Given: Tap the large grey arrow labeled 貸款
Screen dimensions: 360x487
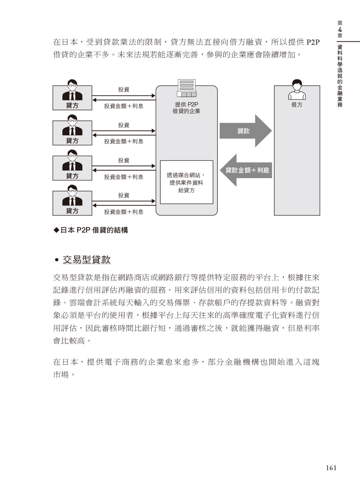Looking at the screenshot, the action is (246, 131).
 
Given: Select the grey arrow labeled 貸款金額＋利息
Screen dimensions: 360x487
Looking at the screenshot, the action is (246, 170).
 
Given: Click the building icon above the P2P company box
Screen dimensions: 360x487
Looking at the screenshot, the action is (186, 88).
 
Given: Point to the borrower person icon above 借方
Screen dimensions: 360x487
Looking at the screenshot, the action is (297, 89).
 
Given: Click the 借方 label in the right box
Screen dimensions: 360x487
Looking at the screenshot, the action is (297, 105).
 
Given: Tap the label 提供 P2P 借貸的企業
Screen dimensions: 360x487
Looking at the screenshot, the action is (186, 108).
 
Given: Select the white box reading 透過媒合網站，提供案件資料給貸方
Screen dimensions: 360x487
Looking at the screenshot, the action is (186, 182).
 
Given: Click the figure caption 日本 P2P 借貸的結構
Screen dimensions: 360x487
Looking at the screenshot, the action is (94, 230).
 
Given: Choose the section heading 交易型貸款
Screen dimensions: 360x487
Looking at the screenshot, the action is (86, 260).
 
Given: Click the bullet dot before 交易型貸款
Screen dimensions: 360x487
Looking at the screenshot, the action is (57, 260).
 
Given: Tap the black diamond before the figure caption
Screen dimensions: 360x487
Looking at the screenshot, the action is (57, 230).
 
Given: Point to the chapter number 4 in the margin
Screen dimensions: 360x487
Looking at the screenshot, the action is (340, 30).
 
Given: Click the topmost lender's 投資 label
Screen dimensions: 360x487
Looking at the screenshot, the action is (124, 89).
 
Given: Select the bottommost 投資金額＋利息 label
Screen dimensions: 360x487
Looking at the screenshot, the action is (124, 212).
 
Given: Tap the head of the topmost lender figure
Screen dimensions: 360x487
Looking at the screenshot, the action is (72, 84).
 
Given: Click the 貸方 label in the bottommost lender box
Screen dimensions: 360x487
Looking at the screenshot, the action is (72, 211).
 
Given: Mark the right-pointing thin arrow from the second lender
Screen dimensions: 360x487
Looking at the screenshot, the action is (124, 131).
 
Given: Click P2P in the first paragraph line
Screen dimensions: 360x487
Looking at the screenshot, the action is (313, 42).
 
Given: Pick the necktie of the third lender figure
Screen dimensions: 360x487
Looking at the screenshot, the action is (72, 166).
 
